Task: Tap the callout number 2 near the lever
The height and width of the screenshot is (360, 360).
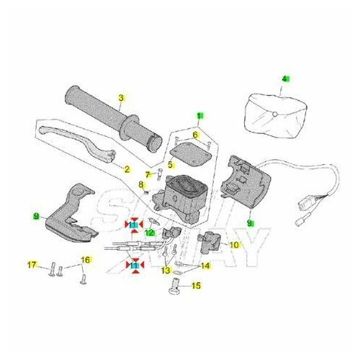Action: point(127,170)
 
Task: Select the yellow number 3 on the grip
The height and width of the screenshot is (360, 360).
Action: point(122,98)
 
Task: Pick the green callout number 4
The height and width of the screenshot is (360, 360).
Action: point(285,79)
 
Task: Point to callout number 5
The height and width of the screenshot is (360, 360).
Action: point(171,165)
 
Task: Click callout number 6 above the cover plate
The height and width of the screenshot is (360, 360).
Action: point(195,135)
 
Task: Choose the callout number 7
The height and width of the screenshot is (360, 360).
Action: point(147,174)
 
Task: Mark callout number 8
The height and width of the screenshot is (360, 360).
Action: point(141,186)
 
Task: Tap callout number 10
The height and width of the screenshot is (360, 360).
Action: point(234,245)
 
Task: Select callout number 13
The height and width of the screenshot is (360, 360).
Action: point(166,271)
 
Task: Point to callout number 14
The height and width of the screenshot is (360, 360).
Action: point(205,266)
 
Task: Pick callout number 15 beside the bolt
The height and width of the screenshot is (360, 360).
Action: point(197,285)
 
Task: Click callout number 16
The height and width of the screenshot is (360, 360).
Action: point(85,259)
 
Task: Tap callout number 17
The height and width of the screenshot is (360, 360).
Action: point(32,266)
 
